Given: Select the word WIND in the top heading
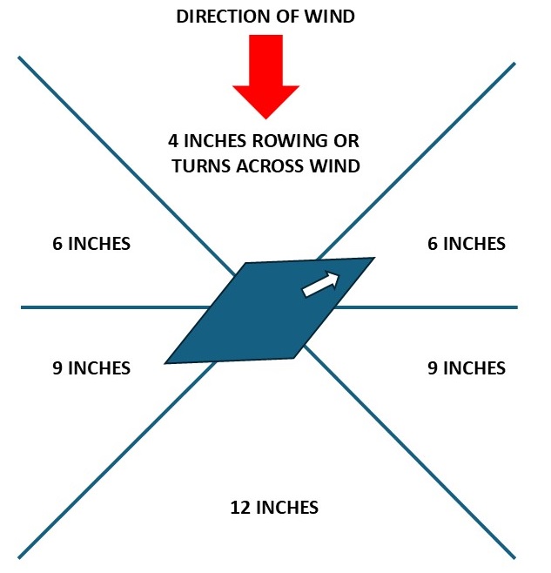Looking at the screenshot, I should tap(334, 17).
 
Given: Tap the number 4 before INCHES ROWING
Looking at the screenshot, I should tap(174, 140).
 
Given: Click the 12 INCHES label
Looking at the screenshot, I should tap(274, 506).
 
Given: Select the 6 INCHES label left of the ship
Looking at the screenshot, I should tap(91, 244).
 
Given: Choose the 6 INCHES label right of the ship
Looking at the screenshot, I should tap(466, 244).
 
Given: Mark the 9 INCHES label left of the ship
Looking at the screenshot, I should tap(91, 368).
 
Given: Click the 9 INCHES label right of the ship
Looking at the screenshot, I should tap(466, 368).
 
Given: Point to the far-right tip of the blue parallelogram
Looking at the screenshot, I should tap(373, 259).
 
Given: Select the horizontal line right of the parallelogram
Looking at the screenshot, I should tap(435, 307).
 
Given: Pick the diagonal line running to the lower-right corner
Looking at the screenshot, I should tap(418, 462).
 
